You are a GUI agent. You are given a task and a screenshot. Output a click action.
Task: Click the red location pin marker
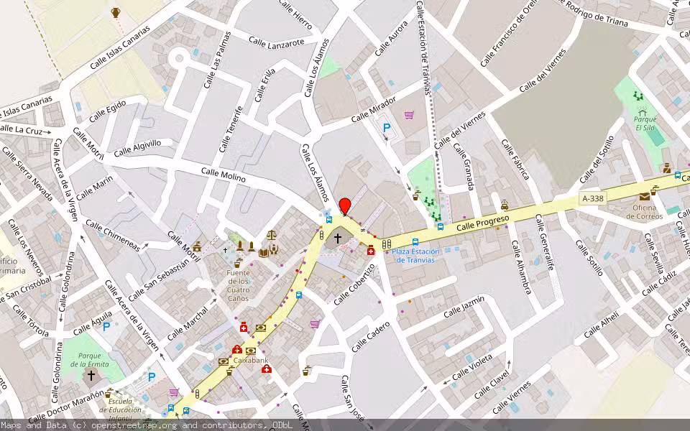(x=345, y=205)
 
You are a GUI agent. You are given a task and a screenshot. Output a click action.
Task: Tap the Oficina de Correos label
(x=644, y=211)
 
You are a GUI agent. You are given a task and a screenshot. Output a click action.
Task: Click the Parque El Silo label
(x=645, y=123)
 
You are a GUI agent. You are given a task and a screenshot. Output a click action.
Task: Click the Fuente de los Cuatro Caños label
(x=238, y=285)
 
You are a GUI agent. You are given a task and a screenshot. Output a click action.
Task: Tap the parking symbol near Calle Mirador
(x=387, y=128)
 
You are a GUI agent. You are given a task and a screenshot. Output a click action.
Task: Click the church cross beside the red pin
(x=337, y=236)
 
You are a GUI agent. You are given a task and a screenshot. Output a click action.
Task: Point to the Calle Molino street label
(x=224, y=175)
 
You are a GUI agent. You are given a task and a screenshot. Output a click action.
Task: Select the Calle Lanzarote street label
(x=277, y=42)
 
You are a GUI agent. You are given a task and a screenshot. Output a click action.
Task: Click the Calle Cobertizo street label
(x=354, y=284)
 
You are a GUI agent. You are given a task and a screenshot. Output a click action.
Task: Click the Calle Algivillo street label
(x=137, y=147)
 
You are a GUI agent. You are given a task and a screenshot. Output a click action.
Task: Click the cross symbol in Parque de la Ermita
(x=91, y=376)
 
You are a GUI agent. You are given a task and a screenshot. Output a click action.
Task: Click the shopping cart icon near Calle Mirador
(x=409, y=115)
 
